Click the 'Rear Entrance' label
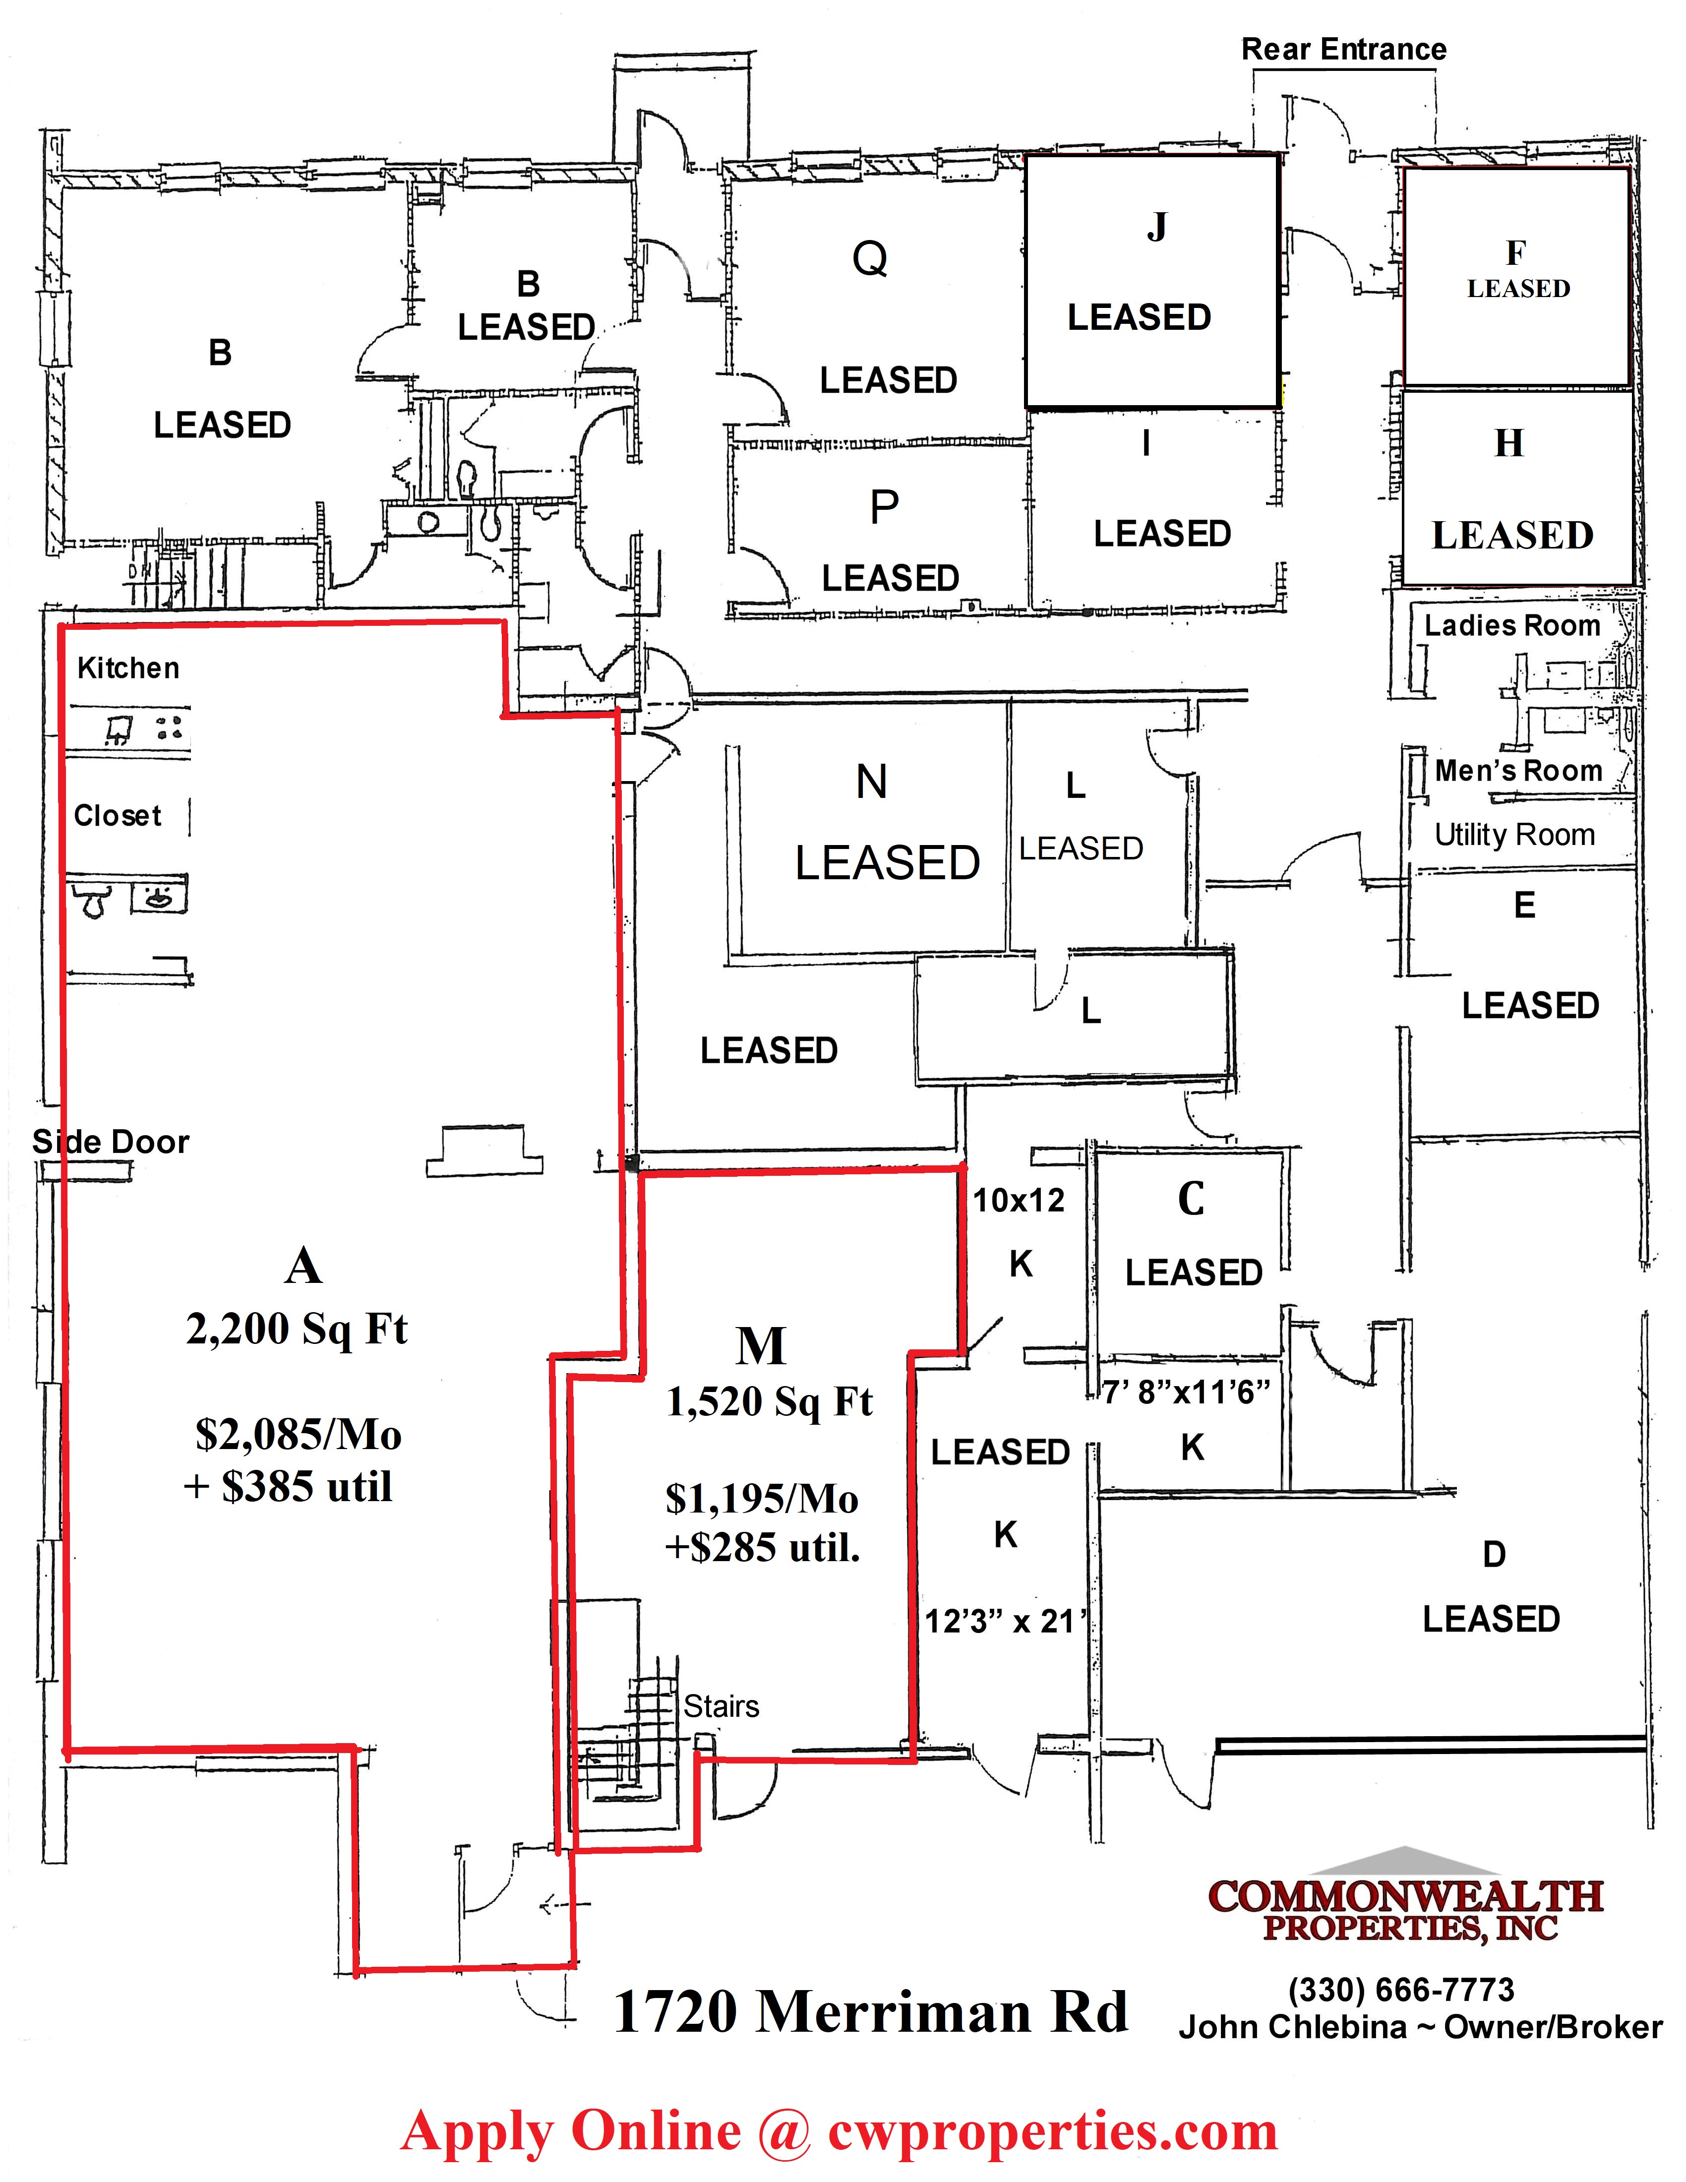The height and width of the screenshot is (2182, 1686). click(x=1343, y=49)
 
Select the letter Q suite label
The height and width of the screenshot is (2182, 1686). click(x=870, y=259)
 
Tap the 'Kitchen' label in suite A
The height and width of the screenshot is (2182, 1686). click(x=128, y=668)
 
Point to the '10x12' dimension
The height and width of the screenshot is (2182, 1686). click(x=1019, y=1200)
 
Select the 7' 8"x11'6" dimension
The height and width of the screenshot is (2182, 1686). click(x=1187, y=1392)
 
